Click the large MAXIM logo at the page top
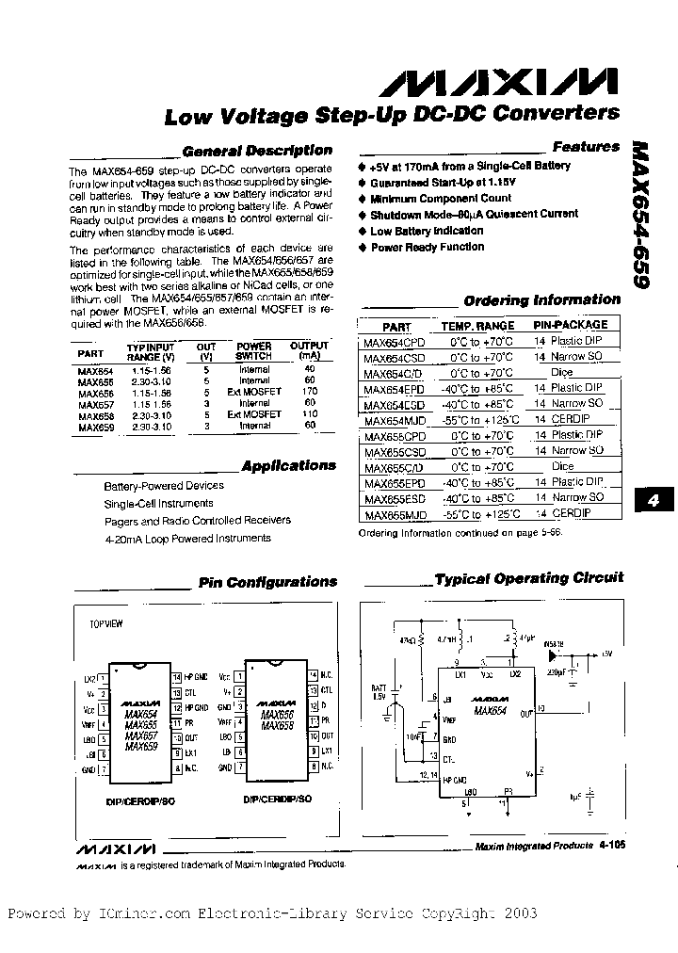(x=499, y=82)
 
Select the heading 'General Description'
(x=256, y=151)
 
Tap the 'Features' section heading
(x=586, y=147)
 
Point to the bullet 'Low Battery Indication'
(x=427, y=231)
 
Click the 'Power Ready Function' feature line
(x=427, y=247)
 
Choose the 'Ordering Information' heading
(x=542, y=300)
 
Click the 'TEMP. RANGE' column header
(x=477, y=325)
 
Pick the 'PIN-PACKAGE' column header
(x=572, y=325)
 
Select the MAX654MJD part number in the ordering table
(x=395, y=420)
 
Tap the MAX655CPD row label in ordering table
(x=395, y=436)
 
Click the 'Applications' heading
(x=288, y=466)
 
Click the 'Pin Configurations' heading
(x=267, y=582)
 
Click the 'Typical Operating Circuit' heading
(x=529, y=578)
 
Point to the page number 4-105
(x=610, y=846)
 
